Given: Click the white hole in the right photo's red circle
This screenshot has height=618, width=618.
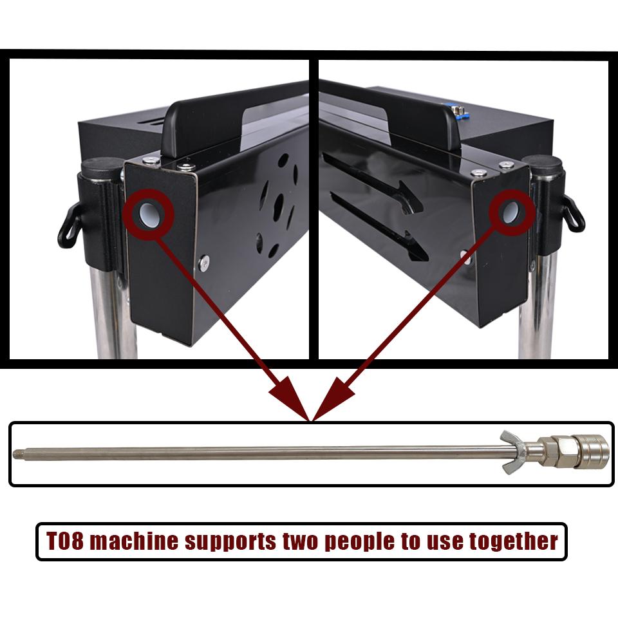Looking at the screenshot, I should click(510, 212).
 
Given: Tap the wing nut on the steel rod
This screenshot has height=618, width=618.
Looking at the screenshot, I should click(513, 452).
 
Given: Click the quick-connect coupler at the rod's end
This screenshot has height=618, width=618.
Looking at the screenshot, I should click(592, 451).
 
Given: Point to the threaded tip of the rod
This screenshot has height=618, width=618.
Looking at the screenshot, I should click(17, 454).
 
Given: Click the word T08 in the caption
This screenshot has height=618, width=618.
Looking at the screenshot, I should click(66, 540).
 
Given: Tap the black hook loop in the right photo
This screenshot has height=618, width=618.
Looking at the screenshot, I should click(573, 215).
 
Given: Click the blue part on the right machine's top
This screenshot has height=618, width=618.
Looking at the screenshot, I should click(461, 110).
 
